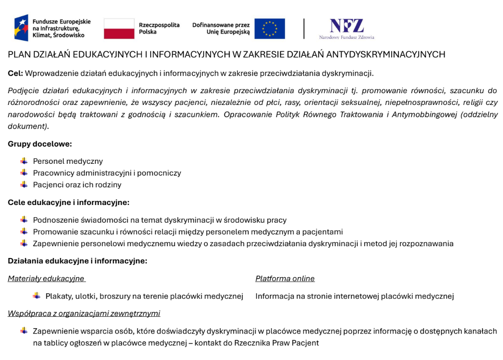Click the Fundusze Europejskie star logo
pyautogui.click(x=22, y=28)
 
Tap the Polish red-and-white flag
pyautogui.click(x=119, y=28)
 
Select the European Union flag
pyautogui.click(x=269, y=28)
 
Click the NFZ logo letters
pyautogui.click(x=346, y=25)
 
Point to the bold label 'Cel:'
pyautogui.click(x=15, y=74)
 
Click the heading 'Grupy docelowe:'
pyautogui.click(x=40, y=144)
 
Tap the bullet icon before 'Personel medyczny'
pyautogui.click(x=24, y=161)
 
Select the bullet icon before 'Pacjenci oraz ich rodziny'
pyautogui.click(x=24, y=184)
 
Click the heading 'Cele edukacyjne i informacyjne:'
pyautogui.click(x=68, y=202)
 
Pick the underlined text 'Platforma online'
pyautogui.click(x=285, y=279)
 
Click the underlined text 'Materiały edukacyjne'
pyautogui.click(x=46, y=279)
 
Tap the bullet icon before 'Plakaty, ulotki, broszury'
pyautogui.click(x=37, y=296)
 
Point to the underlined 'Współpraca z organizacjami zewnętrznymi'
pyautogui.click(x=83, y=313)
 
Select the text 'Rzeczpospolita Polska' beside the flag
pyautogui.click(x=159, y=28)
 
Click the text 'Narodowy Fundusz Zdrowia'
pyautogui.click(x=346, y=37)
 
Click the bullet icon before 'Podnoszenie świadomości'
pyautogui.click(x=24, y=220)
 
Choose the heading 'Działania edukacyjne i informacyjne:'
pyautogui.click(x=77, y=261)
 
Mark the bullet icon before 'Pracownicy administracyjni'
pyautogui.click(x=24, y=173)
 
